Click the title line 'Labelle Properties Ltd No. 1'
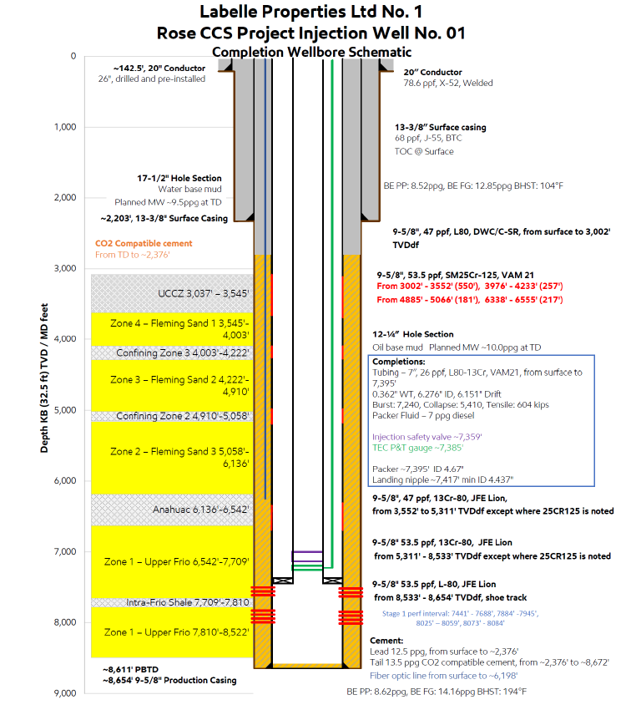pyautogui.click(x=311, y=13)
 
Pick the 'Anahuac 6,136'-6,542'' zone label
pyautogui.click(x=200, y=509)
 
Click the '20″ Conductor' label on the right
pyautogui.click(x=432, y=73)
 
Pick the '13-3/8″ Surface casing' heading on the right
pyautogui.click(x=440, y=128)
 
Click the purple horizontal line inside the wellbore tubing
pyautogui.click(x=307, y=552)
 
